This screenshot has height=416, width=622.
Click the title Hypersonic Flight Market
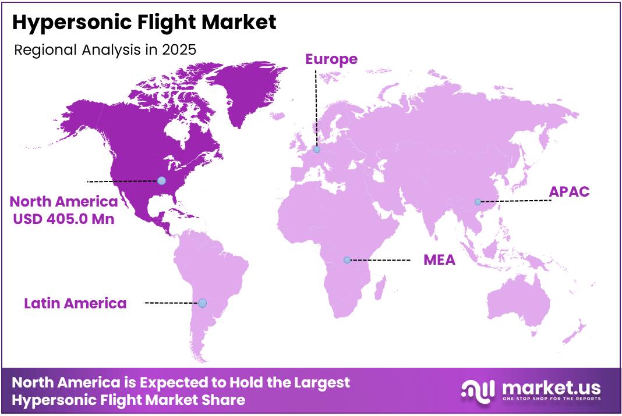144,23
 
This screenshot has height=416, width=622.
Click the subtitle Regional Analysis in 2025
105,49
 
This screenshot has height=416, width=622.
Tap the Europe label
331,59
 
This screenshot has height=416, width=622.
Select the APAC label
570,192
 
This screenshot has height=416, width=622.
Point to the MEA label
439,259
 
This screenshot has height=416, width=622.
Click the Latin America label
75,303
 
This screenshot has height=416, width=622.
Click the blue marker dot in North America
161,180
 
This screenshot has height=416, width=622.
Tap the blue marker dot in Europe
317,150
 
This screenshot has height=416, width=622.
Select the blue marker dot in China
478,202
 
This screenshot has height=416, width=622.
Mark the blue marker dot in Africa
347,260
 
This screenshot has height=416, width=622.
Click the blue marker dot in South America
202,303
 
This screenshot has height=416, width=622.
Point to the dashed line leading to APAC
515,201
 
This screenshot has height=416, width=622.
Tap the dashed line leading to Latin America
172,303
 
